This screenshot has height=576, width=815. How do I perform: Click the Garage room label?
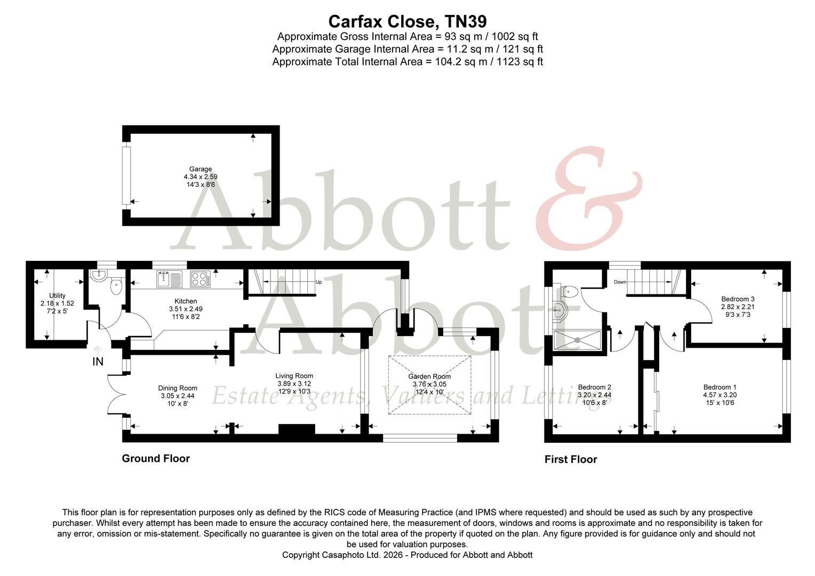pos(200,169)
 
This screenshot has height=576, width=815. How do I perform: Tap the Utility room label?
pos(57,295)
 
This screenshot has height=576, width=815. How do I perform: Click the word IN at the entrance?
pos(98,362)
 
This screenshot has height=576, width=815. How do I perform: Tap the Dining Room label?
pos(178,388)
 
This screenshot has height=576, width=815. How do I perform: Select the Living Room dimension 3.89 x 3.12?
pos(294,383)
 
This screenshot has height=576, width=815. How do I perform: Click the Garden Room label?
pos(429,377)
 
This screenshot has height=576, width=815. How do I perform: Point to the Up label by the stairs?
pos(318,282)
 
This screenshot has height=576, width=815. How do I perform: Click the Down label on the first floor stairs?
pos(620,282)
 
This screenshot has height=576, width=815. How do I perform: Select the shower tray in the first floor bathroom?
pos(578,339)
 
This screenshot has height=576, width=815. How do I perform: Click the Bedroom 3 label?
pos(738,299)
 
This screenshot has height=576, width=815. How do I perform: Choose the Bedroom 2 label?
pos(594,387)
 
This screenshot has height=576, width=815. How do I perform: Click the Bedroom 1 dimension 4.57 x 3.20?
pos(720,395)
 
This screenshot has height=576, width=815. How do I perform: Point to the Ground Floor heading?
pos(156,459)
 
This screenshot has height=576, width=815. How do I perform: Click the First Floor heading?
pos(571,460)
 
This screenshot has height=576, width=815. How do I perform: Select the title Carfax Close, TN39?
pos(407,21)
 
